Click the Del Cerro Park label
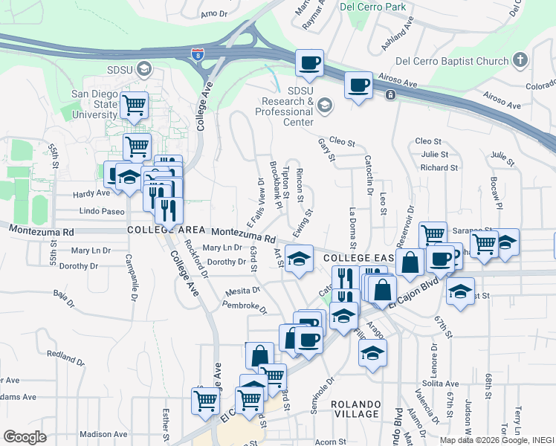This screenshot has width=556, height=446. coord(373,7)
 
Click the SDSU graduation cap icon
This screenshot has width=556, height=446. coord(144,69)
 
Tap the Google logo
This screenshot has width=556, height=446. coord(25,436)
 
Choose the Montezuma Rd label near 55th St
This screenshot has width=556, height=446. coord(42,232)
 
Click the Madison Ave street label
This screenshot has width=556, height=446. coord(99,434)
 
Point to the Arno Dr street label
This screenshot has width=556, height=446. coord(213,13)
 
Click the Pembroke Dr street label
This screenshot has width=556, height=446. coord(244,305)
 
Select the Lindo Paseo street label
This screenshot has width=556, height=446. coord(102,212)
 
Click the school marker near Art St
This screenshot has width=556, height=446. coord(299,259)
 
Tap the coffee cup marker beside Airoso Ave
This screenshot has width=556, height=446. coord(359,85)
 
